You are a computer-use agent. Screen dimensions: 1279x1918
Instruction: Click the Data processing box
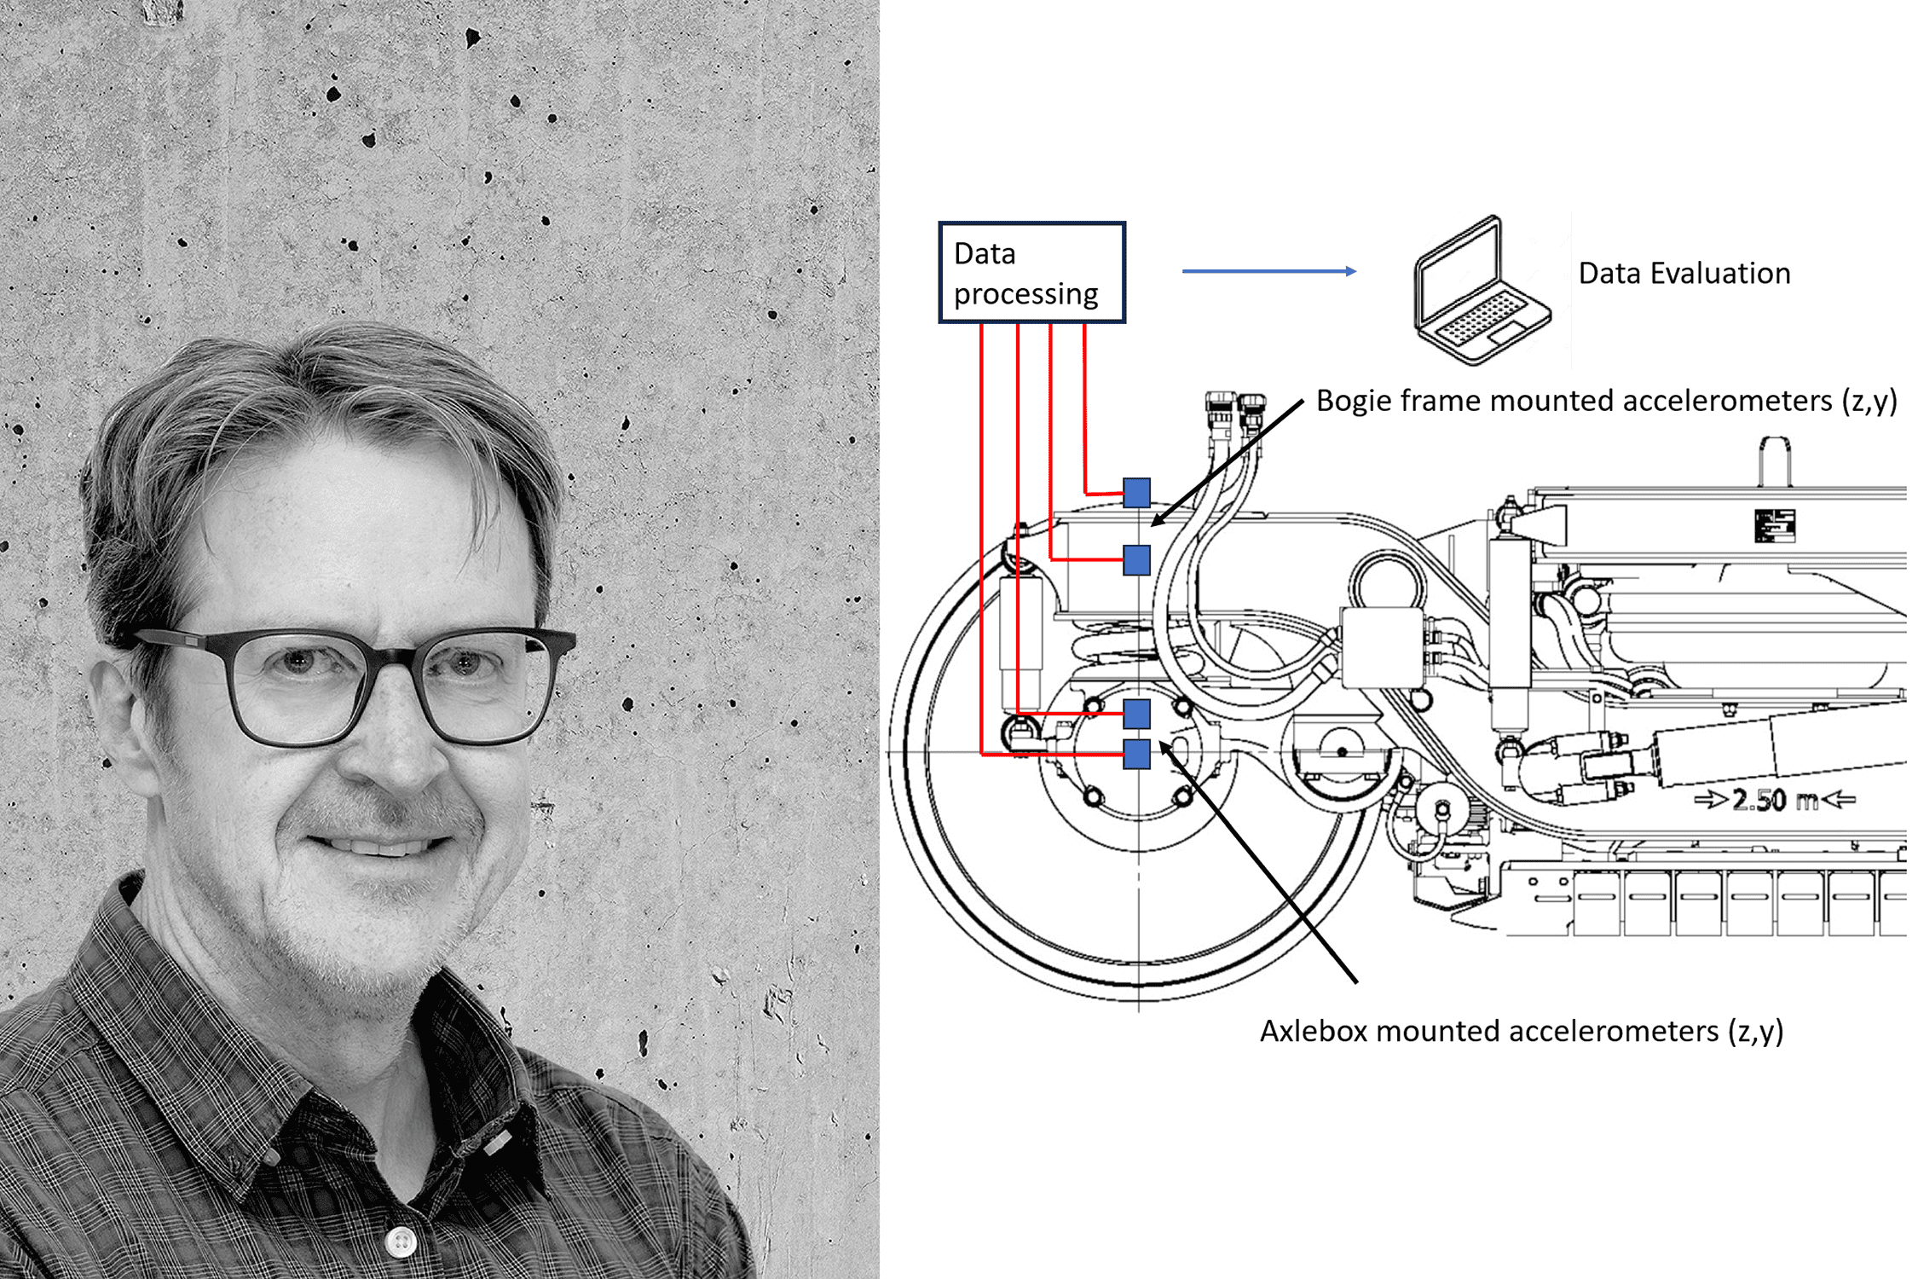(x=1031, y=273)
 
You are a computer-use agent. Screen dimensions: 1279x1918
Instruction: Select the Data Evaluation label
(x=1684, y=274)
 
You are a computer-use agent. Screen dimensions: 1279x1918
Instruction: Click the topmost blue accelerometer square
(x=1136, y=493)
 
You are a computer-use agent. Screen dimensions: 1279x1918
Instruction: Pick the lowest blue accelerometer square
(x=1136, y=754)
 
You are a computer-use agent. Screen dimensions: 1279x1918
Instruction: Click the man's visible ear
(x=115, y=708)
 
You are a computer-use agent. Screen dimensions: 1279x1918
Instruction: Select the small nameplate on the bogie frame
(x=1775, y=525)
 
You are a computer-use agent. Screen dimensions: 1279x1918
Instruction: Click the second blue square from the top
(x=1136, y=560)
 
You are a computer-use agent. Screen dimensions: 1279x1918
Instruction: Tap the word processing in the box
(x=1025, y=294)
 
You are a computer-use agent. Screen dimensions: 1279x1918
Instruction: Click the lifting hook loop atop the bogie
(x=1775, y=460)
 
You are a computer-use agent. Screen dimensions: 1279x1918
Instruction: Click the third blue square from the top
(x=1136, y=714)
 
